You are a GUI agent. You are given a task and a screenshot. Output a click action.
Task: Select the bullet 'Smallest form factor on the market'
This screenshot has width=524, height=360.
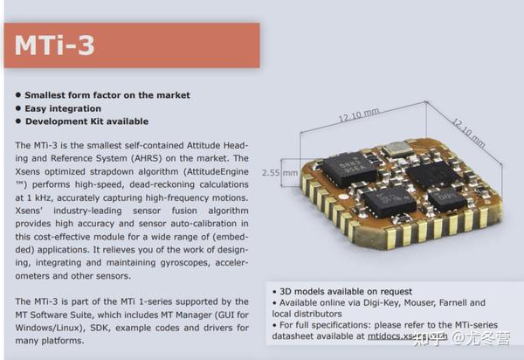(107, 95)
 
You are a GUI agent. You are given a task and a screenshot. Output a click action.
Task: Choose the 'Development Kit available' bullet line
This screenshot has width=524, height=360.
(86, 121)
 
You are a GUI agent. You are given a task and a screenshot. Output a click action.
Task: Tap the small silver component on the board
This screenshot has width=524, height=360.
(397, 149)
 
